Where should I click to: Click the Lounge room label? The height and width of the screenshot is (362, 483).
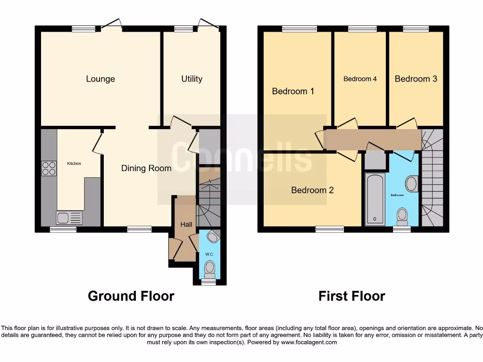(x=100, y=79)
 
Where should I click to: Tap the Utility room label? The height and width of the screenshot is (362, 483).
(x=192, y=79)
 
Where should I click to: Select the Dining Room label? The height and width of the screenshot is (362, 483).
(x=146, y=168)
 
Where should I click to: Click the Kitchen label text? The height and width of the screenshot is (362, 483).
(x=74, y=164)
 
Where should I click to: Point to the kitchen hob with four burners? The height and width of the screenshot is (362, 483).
(x=49, y=168)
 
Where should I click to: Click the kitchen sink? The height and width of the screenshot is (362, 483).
(x=69, y=217)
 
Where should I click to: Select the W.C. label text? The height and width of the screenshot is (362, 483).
(x=209, y=255)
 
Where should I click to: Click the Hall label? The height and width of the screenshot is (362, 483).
(x=186, y=225)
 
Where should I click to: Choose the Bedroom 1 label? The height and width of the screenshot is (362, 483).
(x=293, y=91)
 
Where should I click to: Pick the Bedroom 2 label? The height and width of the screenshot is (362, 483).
(x=312, y=190)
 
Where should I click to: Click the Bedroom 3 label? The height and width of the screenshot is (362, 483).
(x=416, y=79)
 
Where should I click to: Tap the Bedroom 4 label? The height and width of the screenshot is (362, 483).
(x=360, y=79)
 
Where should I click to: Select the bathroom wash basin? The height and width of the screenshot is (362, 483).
(x=411, y=184)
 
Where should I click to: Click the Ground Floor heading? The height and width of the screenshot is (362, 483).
(x=131, y=296)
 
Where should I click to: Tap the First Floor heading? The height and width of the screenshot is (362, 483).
(x=351, y=296)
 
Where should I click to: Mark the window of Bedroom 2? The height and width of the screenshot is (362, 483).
(x=330, y=229)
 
